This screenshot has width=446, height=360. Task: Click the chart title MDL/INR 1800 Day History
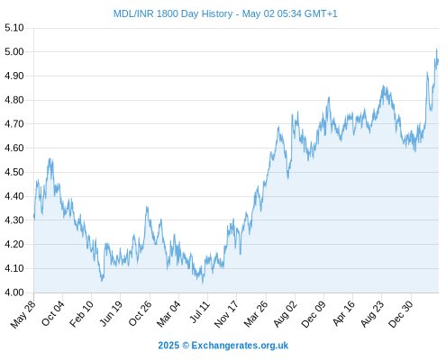(x=173, y=13)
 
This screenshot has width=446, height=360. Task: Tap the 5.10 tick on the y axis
(x=14, y=28)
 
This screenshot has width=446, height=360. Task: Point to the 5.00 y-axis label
(x=14, y=52)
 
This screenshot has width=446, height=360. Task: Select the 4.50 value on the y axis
(x=14, y=172)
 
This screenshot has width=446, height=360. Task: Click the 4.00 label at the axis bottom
(x=14, y=292)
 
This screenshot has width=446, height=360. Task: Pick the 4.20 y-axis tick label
(x=14, y=244)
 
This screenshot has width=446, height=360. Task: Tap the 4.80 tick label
(x=14, y=100)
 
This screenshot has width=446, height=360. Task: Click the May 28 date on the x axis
(x=23, y=314)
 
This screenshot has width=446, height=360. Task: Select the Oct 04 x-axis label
(x=53, y=313)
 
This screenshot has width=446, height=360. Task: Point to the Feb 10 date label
(x=81, y=314)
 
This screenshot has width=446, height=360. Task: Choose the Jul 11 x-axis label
(x=200, y=312)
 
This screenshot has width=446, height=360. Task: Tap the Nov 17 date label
(x=226, y=314)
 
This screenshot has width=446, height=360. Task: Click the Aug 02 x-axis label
(x=285, y=314)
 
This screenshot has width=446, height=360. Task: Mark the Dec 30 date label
(x=401, y=314)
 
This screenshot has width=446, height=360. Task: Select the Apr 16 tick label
(x=344, y=313)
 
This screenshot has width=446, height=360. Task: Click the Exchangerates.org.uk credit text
(x=240, y=346)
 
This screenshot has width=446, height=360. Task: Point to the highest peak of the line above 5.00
(x=436, y=49)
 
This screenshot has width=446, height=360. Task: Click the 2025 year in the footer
(x=168, y=346)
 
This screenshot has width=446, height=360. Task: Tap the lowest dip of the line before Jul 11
(x=203, y=283)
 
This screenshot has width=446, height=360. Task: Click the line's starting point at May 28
(x=34, y=216)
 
